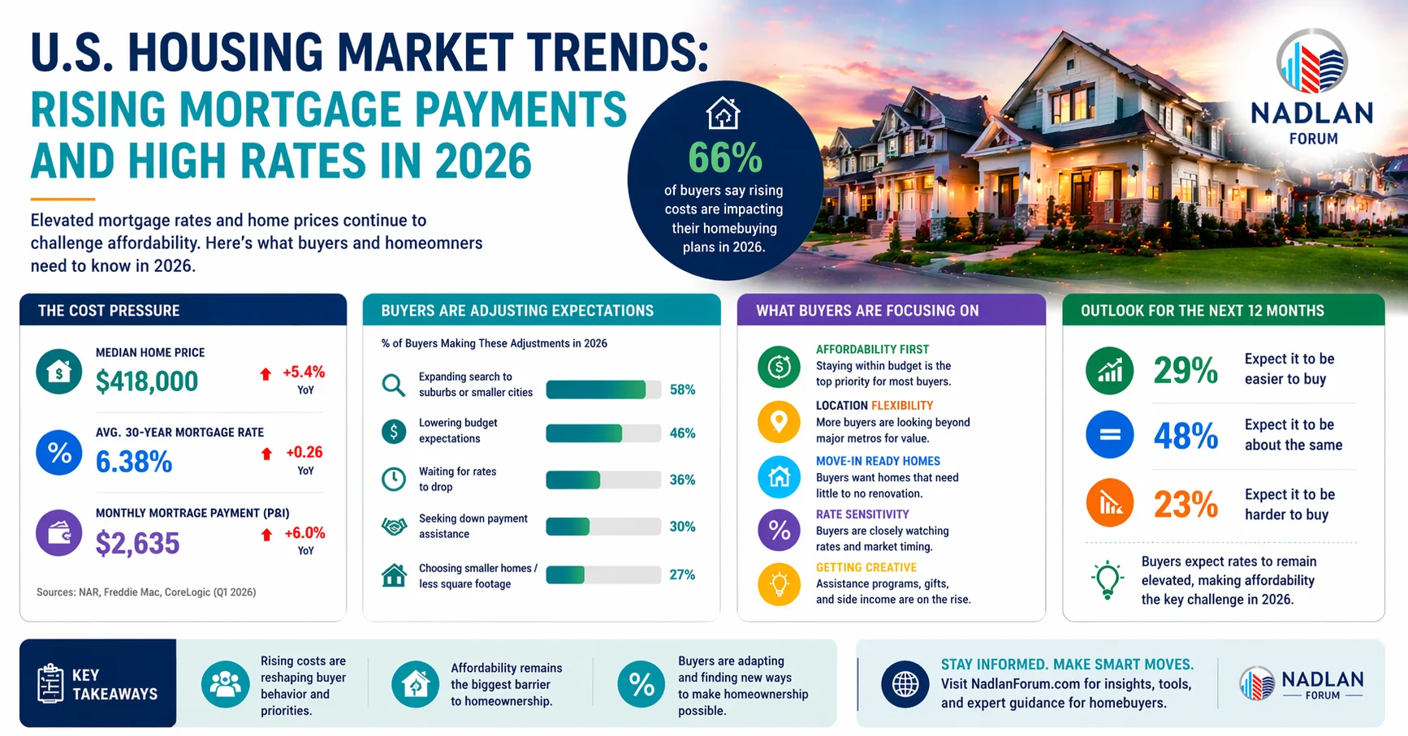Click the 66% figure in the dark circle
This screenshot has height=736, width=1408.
725,158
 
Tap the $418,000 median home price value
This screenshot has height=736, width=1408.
147,381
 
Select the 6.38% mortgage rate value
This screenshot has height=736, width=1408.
134,462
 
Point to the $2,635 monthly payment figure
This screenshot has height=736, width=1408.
137,543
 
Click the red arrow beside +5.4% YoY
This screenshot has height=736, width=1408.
266,374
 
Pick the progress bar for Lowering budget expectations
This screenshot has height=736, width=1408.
603,433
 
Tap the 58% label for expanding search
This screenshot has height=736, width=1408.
682,390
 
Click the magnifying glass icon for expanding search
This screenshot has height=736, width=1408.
394,385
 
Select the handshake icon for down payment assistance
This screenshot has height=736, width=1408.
394,527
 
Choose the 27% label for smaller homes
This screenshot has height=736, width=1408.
682,575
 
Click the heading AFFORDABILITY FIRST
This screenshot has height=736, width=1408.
872,349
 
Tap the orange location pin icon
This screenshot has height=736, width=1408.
779,422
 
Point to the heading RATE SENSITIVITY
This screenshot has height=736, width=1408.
862,514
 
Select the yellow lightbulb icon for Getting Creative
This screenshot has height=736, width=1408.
779,584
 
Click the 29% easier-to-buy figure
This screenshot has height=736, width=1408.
1186,371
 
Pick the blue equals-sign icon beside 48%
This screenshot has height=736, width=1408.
1109,435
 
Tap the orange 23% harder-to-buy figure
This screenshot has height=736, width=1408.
1186,505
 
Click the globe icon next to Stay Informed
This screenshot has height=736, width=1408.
905,684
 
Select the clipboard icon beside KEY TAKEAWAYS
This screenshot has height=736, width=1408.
50,683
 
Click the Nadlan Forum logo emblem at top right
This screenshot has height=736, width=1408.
1312,62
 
